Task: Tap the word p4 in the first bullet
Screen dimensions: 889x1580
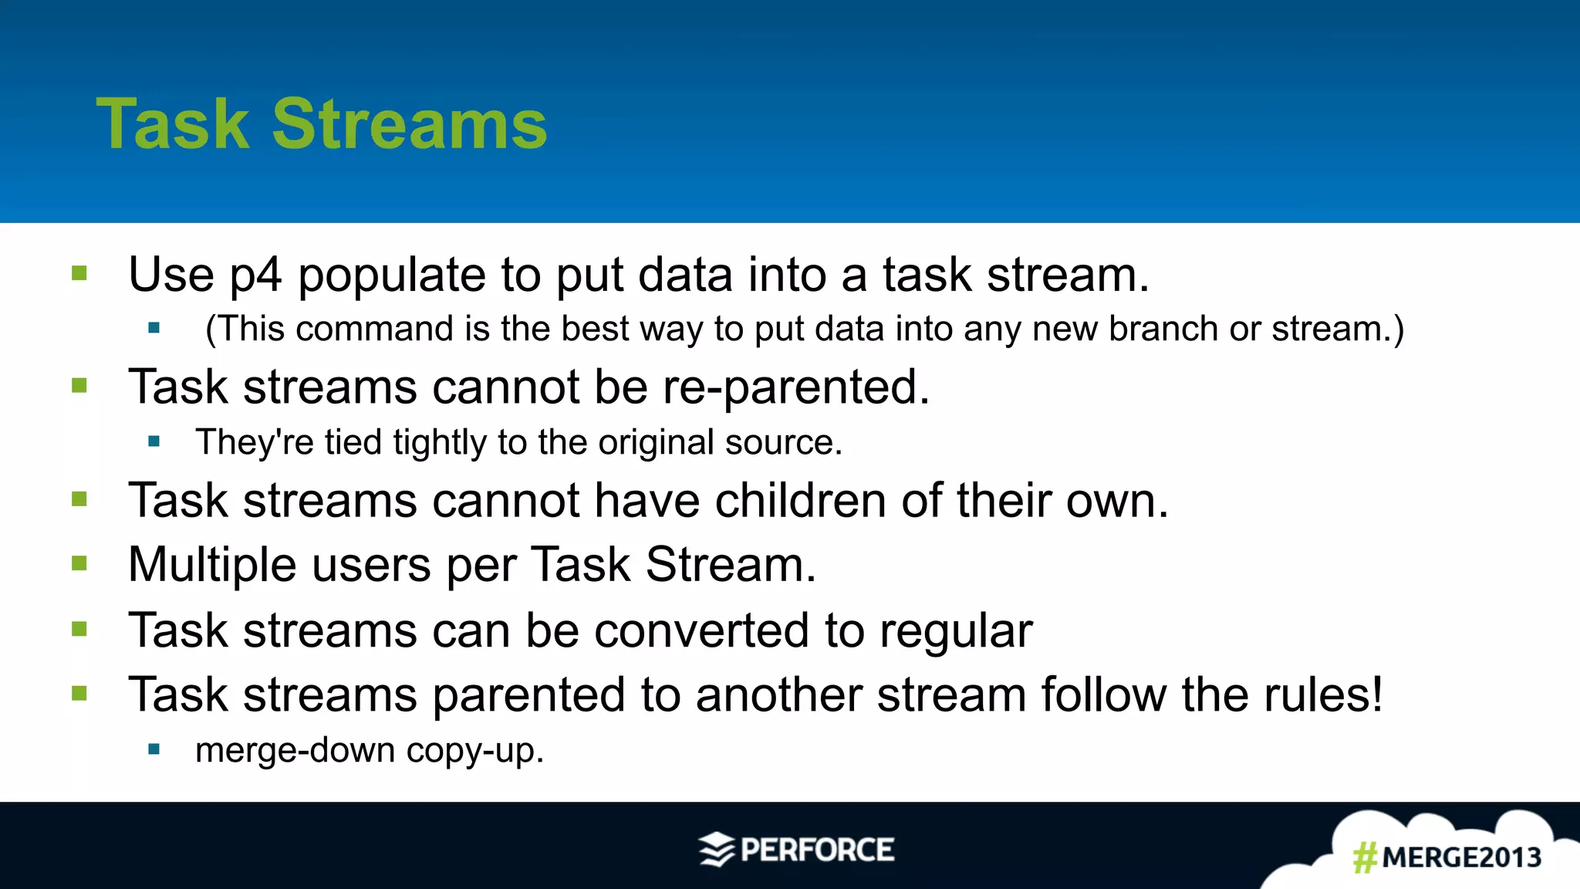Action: tap(256, 276)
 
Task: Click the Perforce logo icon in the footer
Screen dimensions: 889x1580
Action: tap(717, 850)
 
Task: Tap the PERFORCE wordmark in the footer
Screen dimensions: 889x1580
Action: tap(817, 850)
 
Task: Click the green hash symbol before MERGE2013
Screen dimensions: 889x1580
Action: tap(1365, 857)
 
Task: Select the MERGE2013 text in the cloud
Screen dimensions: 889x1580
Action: tap(1461, 857)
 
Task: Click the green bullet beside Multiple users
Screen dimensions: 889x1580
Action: tap(79, 563)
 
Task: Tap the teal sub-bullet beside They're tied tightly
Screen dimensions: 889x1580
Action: tap(154, 441)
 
